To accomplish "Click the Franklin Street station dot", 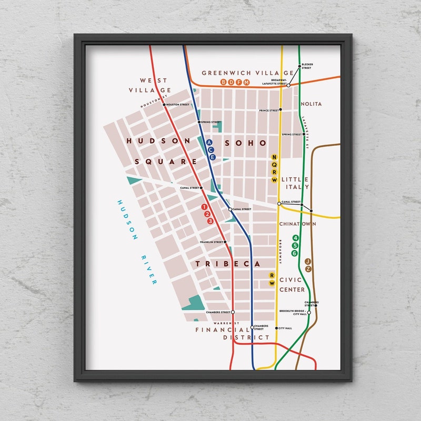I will coord(225,242).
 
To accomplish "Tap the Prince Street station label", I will coord(268,111).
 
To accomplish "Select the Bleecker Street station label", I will coord(306,67).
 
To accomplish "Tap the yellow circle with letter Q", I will coord(274,164).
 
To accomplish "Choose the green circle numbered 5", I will coord(295,246).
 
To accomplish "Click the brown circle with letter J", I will coord(308,262).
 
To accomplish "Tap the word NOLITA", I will coord(311,104).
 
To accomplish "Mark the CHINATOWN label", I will coord(298,224).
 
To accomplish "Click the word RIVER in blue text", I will coord(146,269).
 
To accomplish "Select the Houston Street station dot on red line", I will coord(164,105).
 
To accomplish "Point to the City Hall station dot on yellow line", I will coord(276,328).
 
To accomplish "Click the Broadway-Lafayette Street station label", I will coord(275,83).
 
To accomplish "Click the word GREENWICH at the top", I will coord(225,73).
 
